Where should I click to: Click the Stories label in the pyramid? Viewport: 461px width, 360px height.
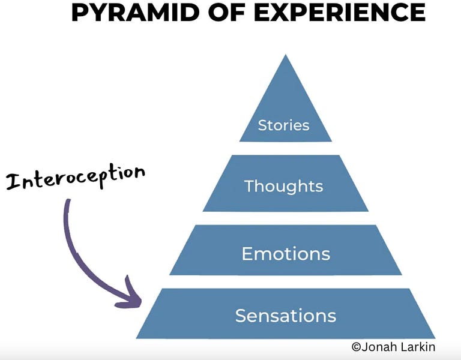click(x=284, y=125)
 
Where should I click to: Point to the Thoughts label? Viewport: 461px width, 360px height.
click(x=284, y=186)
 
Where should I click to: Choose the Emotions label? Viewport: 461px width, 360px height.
click(x=286, y=254)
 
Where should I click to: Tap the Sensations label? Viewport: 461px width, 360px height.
click(x=286, y=316)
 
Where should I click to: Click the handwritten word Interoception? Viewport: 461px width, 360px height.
click(x=76, y=176)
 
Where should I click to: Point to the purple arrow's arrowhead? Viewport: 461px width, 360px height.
click(x=133, y=299)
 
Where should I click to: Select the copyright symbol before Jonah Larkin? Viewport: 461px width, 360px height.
click(x=356, y=347)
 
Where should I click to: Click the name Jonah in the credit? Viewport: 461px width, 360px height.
click(x=379, y=347)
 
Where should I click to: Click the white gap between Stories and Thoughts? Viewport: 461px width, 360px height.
click(x=286, y=148)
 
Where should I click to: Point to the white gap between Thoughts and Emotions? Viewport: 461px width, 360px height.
click(x=286, y=218)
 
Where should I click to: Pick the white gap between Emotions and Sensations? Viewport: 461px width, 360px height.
click(x=286, y=281)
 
